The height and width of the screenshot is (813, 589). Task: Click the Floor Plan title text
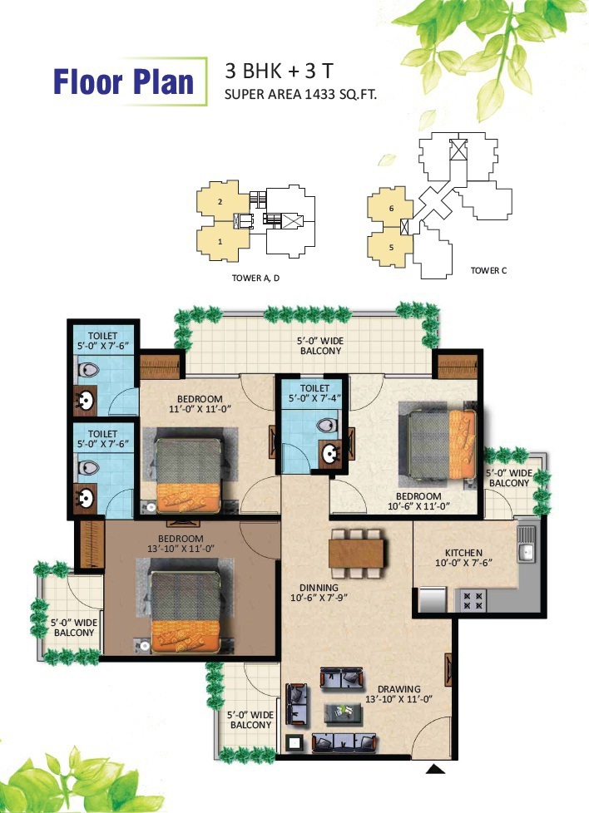123,82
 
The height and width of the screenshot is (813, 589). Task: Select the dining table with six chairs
357,554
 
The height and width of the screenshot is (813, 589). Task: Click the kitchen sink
526,544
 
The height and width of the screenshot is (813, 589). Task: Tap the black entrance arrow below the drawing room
435,769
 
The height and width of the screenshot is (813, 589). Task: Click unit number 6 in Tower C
391,209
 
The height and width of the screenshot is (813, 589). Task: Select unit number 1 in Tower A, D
220,242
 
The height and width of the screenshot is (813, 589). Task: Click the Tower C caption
488,270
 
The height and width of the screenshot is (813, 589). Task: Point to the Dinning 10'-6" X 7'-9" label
319,593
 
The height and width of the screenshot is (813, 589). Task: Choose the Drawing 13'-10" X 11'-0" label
398,694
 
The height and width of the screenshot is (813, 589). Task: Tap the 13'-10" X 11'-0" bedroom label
181,544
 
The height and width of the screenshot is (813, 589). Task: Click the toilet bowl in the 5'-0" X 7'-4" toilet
327,426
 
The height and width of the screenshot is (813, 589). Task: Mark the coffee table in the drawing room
343,713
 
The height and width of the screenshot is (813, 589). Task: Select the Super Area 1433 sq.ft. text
300,95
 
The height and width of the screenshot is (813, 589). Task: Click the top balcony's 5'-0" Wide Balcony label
320,346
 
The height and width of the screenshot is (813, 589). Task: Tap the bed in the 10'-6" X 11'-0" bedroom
441,445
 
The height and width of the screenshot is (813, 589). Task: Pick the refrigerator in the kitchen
433,599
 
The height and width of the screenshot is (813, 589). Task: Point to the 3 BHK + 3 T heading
280,71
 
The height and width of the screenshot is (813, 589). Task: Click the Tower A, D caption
255,278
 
